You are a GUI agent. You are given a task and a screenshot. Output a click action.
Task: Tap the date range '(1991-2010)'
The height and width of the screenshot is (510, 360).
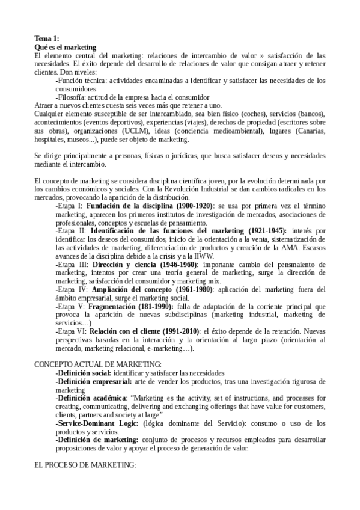click(x=173, y=331)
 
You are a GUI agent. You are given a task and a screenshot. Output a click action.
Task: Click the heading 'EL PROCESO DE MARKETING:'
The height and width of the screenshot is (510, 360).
click(x=85, y=465)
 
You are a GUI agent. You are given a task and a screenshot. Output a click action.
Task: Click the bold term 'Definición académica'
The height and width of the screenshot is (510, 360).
click(x=90, y=398)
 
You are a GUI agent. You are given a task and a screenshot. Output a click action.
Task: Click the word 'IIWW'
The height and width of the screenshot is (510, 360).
click(x=179, y=256)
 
